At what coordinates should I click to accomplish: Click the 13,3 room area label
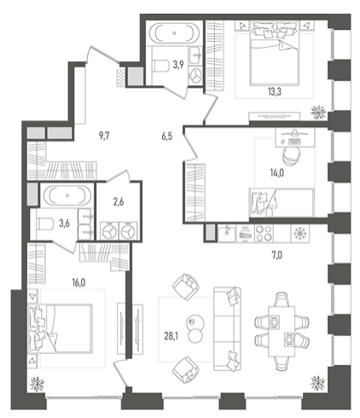(x=274, y=92)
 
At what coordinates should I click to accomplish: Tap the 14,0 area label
(x=276, y=172)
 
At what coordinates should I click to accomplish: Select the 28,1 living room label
(x=171, y=336)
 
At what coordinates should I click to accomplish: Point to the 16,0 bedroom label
(x=78, y=282)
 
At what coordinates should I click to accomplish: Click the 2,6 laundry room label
(x=119, y=203)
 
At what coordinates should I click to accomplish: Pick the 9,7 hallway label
(x=104, y=136)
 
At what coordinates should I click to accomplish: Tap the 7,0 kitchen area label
(x=277, y=256)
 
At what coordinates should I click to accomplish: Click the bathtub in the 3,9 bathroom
(x=174, y=32)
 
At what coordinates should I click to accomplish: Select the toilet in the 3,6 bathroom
(x=45, y=224)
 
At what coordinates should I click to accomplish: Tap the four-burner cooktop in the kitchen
(x=264, y=233)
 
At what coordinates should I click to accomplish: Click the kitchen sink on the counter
(x=227, y=233)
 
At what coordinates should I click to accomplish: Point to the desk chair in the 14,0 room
(x=292, y=156)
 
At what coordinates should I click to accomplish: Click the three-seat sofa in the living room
(x=227, y=329)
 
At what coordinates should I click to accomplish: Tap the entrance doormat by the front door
(x=121, y=78)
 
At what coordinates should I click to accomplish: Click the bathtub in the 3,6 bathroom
(x=67, y=195)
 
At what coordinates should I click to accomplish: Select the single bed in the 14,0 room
(x=282, y=202)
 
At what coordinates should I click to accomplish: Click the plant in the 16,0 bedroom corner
(x=37, y=384)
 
